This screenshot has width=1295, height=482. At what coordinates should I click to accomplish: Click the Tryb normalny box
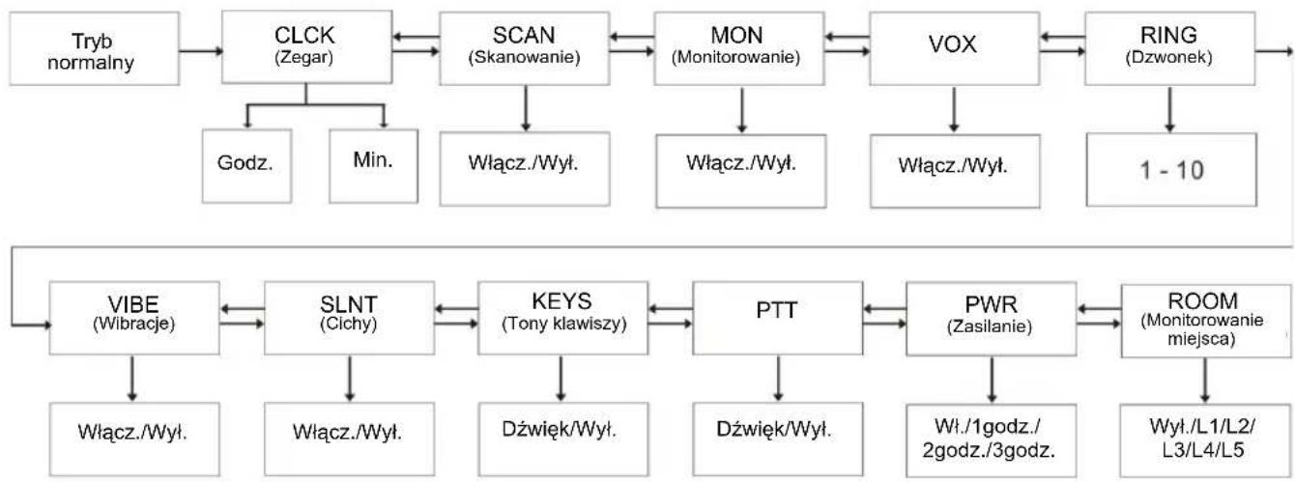[95, 49]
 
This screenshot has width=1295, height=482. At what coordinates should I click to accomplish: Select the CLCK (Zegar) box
[307, 47]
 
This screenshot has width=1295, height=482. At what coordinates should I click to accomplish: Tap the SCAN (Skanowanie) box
[525, 48]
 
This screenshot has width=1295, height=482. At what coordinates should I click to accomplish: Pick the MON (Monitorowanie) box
[739, 48]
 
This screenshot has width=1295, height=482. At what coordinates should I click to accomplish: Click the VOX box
[955, 48]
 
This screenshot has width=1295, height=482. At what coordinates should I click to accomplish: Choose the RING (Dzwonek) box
[1170, 48]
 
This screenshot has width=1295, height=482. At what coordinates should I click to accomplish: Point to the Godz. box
[246, 166]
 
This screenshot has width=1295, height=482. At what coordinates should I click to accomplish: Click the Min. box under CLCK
[373, 166]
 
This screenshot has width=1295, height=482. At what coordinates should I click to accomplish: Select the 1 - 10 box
[1171, 170]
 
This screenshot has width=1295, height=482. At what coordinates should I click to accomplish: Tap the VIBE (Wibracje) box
[134, 318]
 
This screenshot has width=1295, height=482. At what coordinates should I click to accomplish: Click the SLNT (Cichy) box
[350, 318]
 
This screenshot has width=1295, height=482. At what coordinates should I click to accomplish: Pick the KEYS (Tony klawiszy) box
[563, 318]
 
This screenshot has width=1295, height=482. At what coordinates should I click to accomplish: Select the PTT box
[778, 318]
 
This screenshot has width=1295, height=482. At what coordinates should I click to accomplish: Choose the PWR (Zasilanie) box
[992, 319]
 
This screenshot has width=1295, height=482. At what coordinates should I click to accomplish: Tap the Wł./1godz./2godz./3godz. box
[992, 440]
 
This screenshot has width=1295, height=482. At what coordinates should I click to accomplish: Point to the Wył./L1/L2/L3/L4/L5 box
[1205, 440]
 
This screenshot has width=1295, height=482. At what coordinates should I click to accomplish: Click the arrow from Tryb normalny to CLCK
[201, 51]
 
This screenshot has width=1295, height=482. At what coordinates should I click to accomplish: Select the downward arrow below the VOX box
[954, 110]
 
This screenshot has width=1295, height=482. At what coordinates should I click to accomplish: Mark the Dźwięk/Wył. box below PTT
[778, 439]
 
